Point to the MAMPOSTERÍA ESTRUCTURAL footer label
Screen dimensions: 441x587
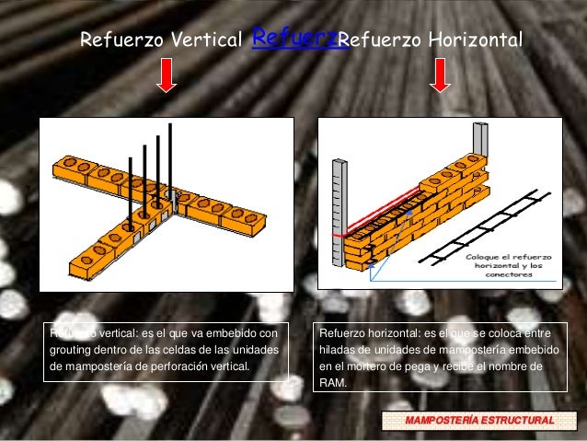pos(479,421)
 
